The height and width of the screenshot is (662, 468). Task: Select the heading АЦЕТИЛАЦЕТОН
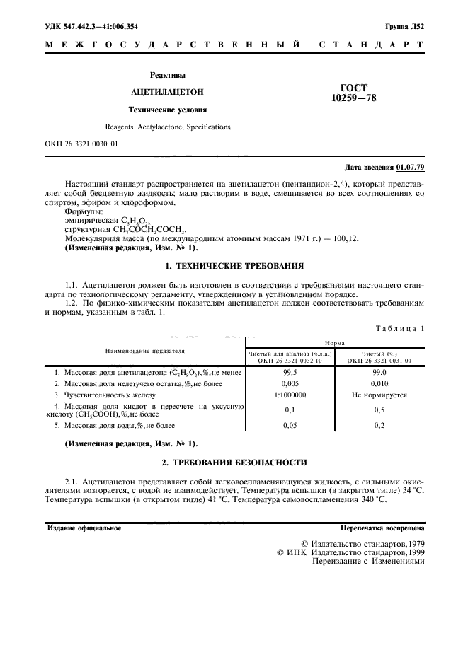point(167,92)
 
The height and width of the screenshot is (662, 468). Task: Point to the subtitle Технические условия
point(167,110)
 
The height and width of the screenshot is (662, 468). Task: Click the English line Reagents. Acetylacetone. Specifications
point(168,127)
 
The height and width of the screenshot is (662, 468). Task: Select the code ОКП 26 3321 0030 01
point(81,144)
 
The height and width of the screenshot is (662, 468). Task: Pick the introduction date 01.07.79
point(410,168)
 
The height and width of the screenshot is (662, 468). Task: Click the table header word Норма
point(335,342)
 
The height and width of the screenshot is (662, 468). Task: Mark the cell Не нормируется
point(379,395)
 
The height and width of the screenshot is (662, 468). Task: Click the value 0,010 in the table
point(379,383)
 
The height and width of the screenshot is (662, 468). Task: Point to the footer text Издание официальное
point(84,528)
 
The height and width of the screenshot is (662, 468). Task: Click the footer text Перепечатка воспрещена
point(382,528)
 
